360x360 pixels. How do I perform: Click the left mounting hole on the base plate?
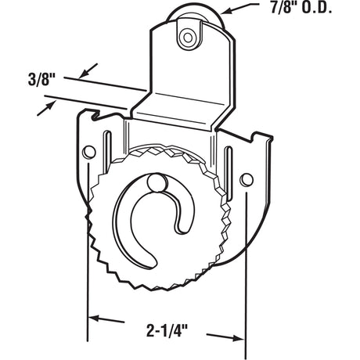click(x=89, y=150)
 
